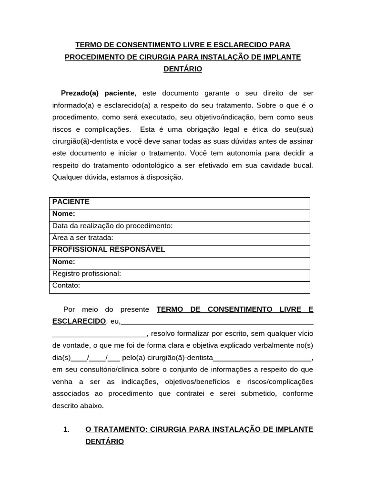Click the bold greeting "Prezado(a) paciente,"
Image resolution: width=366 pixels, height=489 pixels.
pos(99,93)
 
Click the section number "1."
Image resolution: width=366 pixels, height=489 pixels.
pos(67,429)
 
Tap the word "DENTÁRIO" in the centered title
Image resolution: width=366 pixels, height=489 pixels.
pos(183,69)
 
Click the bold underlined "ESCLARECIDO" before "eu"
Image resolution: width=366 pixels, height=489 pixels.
pos(79,321)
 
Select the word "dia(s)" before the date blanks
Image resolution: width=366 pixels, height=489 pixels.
pos(61,358)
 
